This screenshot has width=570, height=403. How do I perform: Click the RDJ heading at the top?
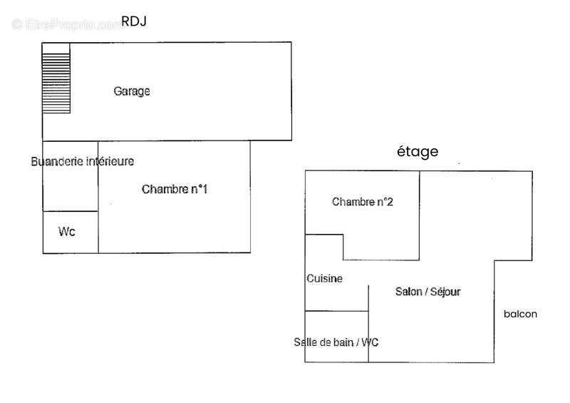pyautogui.click(x=134, y=21)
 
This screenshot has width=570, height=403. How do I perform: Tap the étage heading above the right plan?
pyautogui.click(x=418, y=151)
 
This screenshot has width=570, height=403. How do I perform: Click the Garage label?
pyautogui.click(x=132, y=91)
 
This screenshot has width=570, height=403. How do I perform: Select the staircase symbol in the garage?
pyautogui.click(x=56, y=77)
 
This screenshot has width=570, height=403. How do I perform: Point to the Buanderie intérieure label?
pyautogui.click(x=82, y=162)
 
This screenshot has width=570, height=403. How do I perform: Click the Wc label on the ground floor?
pyautogui.click(x=67, y=232)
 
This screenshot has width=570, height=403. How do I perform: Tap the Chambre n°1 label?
pyautogui.click(x=175, y=189)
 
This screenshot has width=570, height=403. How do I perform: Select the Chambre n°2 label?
pyautogui.click(x=363, y=202)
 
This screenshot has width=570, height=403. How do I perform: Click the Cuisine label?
pyautogui.click(x=324, y=279)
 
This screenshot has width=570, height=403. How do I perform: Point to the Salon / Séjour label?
pyautogui.click(x=428, y=292)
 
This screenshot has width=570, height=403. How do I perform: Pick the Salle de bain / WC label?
pyautogui.click(x=336, y=342)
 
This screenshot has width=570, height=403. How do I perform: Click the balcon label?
pyautogui.click(x=520, y=314)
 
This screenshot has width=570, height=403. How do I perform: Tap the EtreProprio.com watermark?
pyautogui.click(x=68, y=24)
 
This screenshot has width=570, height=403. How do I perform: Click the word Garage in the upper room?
pyautogui.click(x=132, y=91)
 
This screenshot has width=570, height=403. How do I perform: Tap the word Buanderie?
pyautogui.click(x=57, y=162)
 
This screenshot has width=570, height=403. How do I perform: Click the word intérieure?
pyautogui.click(x=110, y=162)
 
